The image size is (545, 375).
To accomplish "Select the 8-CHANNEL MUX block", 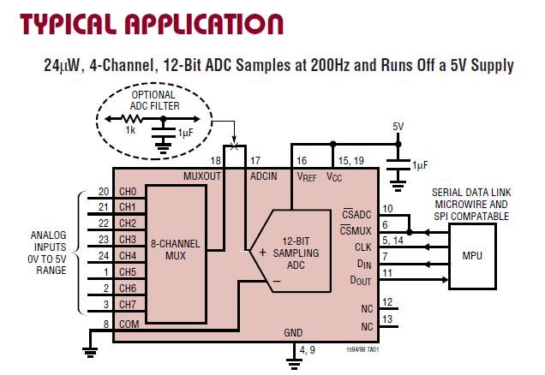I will click(x=176, y=249).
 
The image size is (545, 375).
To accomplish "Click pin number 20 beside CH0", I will click(x=104, y=191).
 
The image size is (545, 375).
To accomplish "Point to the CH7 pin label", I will click(x=128, y=304).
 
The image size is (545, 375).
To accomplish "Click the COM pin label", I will click(x=129, y=324).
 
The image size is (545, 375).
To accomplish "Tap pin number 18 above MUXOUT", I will click(x=215, y=160).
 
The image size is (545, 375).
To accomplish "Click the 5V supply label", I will click(x=398, y=126).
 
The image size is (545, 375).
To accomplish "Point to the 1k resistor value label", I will click(x=130, y=129).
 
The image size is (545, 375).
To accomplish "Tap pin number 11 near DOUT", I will click(x=387, y=272).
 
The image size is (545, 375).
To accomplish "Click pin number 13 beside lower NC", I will click(x=388, y=318).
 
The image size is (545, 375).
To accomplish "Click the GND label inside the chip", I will click(x=294, y=332).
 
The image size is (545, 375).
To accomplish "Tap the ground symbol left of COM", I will click(x=88, y=348).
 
